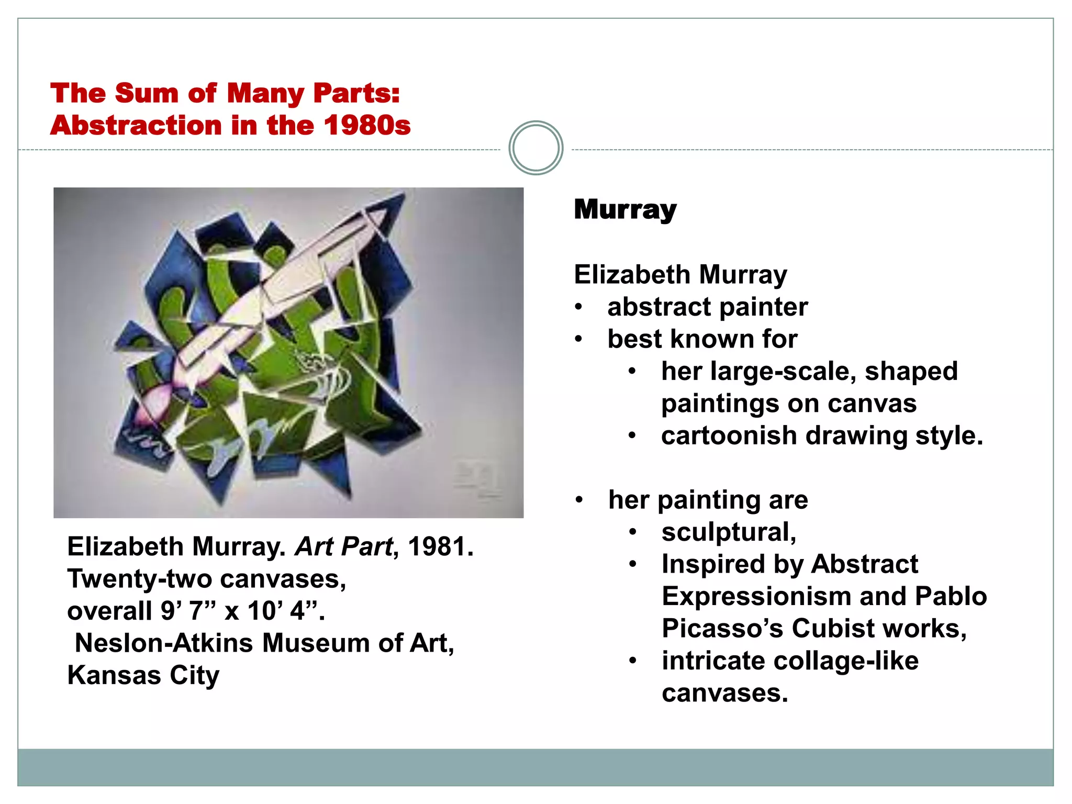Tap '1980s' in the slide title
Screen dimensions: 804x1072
pyautogui.click(x=367, y=126)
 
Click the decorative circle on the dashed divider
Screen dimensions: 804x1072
pyautogui.click(x=535, y=148)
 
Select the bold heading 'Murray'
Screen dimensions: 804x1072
pyautogui.click(x=625, y=209)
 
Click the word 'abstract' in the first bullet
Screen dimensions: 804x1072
pyautogui.click(x=660, y=307)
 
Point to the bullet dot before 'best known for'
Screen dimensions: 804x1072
pyautogui.click(x=578, y=339)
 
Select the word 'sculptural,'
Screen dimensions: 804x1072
pyautogui.click(x=729, y=532)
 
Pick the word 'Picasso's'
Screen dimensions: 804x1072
pyautogui.click(x=722, y=628)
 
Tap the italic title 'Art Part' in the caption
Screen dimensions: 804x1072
pyautogui.click(x=343, y=547)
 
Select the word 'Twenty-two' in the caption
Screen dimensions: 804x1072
pyautogui.click(x=139, y=579)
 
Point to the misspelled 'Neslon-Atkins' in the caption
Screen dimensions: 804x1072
pyautogui.click(x=164, y=643)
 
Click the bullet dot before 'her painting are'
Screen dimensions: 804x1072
pyautogui.click(x=579, y=500)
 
